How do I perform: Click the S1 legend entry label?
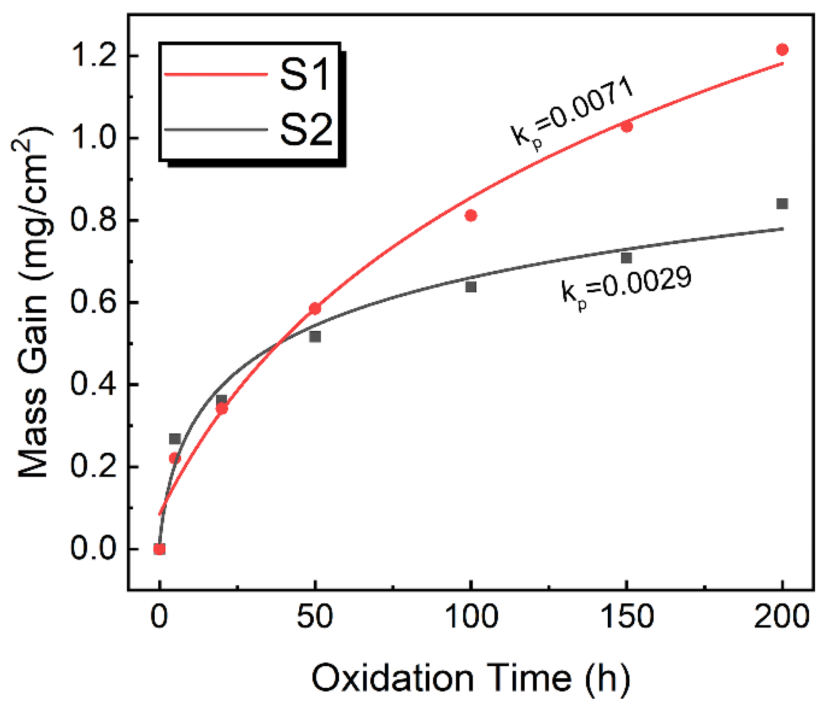pos(305,75)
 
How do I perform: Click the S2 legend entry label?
pos(306,130)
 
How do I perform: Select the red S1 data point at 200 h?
pos(782,49)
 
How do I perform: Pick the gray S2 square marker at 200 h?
pos(782,204)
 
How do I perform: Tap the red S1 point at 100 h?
pos(471,216)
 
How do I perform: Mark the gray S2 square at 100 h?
pos(471,287)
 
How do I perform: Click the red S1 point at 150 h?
pos(626,126)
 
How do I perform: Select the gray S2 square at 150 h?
pos(626,258)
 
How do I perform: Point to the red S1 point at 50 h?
pos(315,308)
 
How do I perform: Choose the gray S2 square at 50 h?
pos(315,337)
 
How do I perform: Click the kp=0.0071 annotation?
pos(572,115)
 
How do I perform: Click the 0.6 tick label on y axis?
pos(93,303)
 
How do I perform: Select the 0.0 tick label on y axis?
pos(93,549)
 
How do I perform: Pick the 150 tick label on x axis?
pos(626,617)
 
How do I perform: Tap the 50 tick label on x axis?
pos(315,617)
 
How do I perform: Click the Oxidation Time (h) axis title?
pos(471,678)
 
